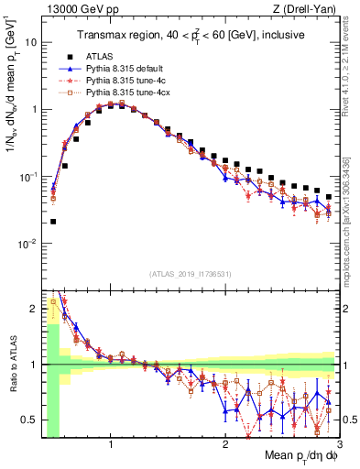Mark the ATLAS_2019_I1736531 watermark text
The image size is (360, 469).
pos(190,273)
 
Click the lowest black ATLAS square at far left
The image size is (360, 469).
pos(52,221)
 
